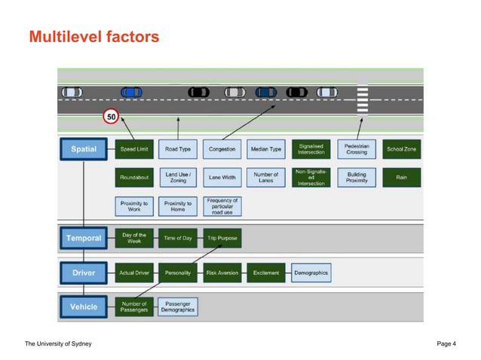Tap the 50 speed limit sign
[x=112, y=117]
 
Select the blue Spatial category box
[x=84, y=149]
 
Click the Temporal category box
[x=84, y=239]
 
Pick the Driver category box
[x=84, y=273]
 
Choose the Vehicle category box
[x=84, y=307]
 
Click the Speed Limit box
[x=134, y=149]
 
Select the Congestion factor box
[x=222, y=149]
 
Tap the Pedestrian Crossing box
[x=357, y=149]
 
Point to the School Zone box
[x=402, y=149]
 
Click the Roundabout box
[x=134, y=178]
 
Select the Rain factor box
[x=402, y=178]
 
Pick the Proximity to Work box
[x=134, y=206]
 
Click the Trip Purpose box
[x=222, y=239]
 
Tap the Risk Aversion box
[x=222, y=273]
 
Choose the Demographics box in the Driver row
[x=311, y=273]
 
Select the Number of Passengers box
[x=134, y=307]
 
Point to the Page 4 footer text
[x=446, y=344]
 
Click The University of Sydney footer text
[x=58, y=344]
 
